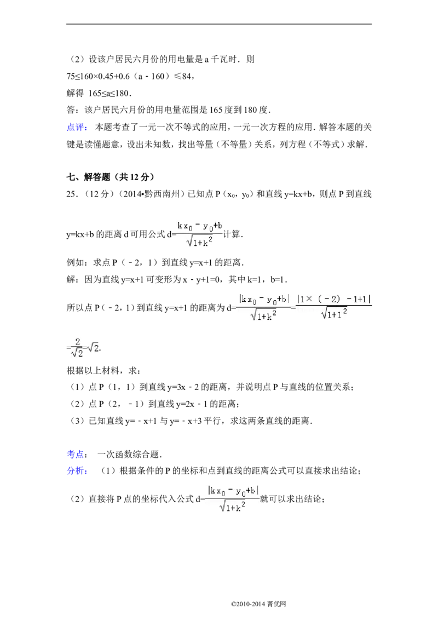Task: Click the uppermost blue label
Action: (x=77, y=127)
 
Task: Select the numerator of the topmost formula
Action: (x=199, y=226)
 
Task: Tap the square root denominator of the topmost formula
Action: (x=200, y=242)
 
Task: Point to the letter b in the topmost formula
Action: (x=220, y=225)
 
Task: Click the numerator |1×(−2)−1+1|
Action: (x=334, y=299)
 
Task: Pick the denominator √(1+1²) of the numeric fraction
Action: (x=334, y=313)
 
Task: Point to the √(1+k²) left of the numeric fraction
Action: (x=263, y=315)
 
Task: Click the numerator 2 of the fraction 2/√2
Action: (x=78, y=341)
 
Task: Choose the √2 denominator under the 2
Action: (x=77, y=353)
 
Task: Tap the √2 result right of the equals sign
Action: (x=94, y=348)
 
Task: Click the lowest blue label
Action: (x=77, y=471)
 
